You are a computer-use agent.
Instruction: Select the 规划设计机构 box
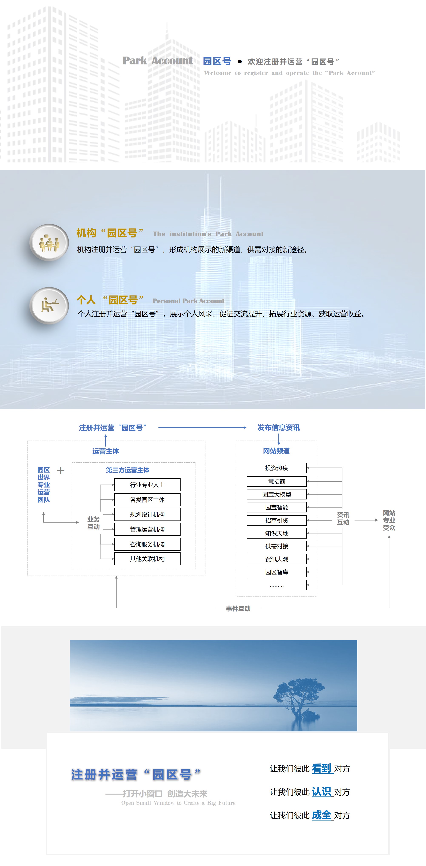tap(147, 514)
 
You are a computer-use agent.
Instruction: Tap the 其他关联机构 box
tap(147, 559)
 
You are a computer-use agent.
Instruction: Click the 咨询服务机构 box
tap(147, 544)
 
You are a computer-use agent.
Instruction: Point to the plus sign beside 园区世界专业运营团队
tap(61, 470)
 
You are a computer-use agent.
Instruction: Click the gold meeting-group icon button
tap(49, 243)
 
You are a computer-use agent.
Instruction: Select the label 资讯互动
tap(343, 518)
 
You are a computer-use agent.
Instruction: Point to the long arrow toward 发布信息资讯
tap(202, 428)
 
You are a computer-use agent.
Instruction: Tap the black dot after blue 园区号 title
tap(240, 61)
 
